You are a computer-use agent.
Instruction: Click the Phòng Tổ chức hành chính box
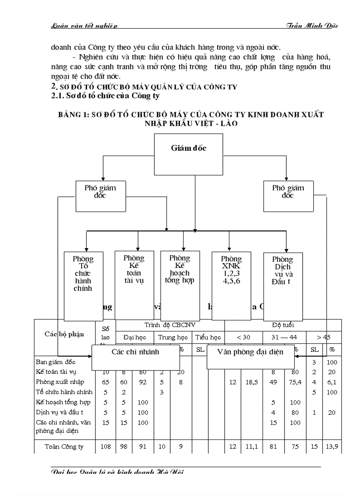pyautogui.click(x=83, y=286)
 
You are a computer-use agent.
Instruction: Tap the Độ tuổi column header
pyautogui.click(x=283, y=325)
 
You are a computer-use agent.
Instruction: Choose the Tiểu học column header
pyautogui.click(x=208, y=337)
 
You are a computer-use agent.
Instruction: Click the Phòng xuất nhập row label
pyautogui.click(x=60, y=382)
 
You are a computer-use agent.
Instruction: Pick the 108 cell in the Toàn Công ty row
pyautogui.click(x=105, y=447)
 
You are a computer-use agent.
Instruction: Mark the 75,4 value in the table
pyautogui.click(x=297, y=382)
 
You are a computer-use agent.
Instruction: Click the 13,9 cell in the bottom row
pyautogui.click(x=332, y=447)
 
